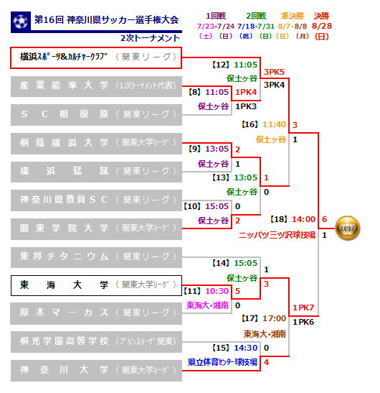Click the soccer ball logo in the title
pyautogui.click(x=21, y=21)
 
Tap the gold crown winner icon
pyautogui.click(x=347, y=228)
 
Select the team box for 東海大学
pyautogui.click(x=96, y=285)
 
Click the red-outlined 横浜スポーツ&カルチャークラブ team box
pyautogui.click(x=96, y=57)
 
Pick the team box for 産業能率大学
pyautogui.click(x=96, y=86)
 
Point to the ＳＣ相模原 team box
pyautogui.click(x=96, y=115)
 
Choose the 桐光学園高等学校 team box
pyautogui.click(x=96, y=342)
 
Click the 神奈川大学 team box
pyautogui.click(x=96, y=371)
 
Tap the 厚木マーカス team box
pyautogui.click(x=96, y=313)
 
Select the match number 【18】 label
pyautogui.click(x=278, y=219)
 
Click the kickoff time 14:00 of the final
pyautogui.click(x=303, y=219)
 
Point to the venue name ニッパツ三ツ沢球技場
pyautogui.click(x=277, y=235)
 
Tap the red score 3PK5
pyautogui.click(x=274, y=72)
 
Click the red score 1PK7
pyautogui.click(x=303, y=308)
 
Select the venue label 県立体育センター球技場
pyautogui.click(x=222, y=362)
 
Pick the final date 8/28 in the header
pyautogui.click(x=322, y=26)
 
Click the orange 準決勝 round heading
pyautogui.click(x=293, y=16)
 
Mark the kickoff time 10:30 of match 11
pyautogui.click(x=217, y=291)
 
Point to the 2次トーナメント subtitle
pyautogui.click(x=150, y=38)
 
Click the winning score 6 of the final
pyautogui.click(x=324, y=219)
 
